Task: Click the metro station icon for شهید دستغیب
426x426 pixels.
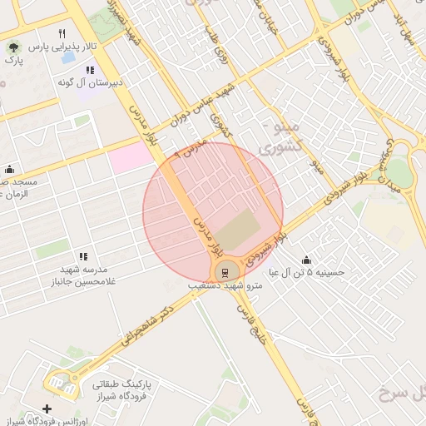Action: (x=225, y=272)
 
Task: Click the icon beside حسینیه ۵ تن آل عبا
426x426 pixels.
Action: (x=307, y=260)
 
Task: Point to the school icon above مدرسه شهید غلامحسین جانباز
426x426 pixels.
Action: (x=82, y=257)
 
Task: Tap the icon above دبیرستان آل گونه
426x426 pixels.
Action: (x=90, y=71)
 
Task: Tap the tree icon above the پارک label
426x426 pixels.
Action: (x=12, y=47)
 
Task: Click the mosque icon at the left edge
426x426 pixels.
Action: (x=9, y=169)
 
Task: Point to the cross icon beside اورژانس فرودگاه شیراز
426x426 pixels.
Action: (x=47, y=409)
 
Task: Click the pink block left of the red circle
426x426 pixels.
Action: (x=131, y=157)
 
